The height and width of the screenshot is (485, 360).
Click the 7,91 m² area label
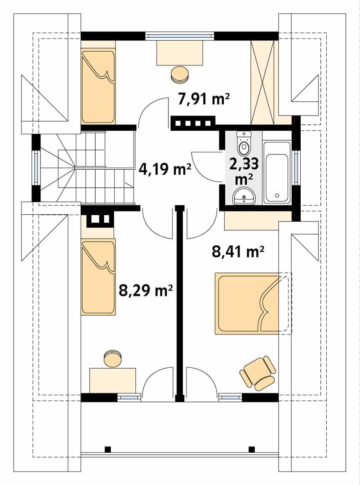click(204, 99)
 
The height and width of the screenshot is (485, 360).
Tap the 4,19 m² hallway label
click(164, 169)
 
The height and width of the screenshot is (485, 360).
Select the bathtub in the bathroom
click(276, 173)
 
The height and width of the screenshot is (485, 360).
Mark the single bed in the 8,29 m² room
click(98, 277)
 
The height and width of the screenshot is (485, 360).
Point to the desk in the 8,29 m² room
click(113, 380)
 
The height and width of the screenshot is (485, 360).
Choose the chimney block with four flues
click(193, 123)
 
